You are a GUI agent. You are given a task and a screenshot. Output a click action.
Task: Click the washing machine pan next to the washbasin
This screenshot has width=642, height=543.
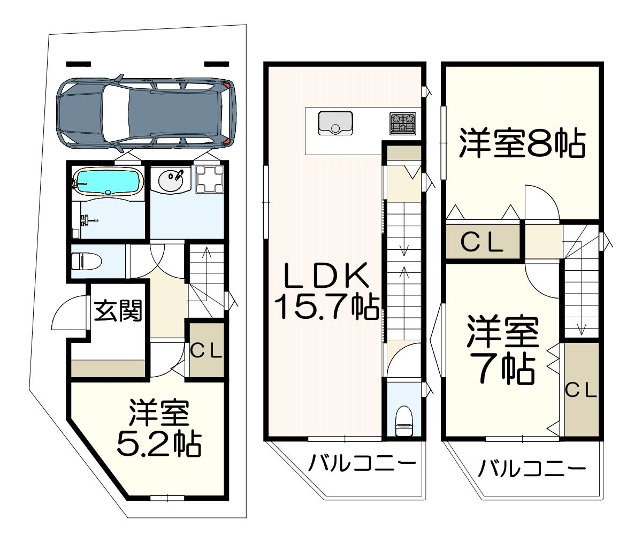209,179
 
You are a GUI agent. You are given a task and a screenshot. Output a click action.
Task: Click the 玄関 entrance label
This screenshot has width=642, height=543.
118,310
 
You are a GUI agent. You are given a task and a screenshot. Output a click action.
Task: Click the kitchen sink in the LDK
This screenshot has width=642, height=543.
335,123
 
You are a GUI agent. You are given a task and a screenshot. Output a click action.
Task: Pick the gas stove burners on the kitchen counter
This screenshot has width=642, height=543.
403,124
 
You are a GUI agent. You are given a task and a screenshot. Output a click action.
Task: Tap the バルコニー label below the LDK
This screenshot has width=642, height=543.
362,471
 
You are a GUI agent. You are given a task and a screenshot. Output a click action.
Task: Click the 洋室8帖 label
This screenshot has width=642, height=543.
522,144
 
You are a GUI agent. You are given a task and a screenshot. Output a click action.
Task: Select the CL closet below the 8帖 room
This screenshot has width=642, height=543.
483,242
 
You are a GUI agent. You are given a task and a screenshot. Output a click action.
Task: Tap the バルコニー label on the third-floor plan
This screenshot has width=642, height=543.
532,477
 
